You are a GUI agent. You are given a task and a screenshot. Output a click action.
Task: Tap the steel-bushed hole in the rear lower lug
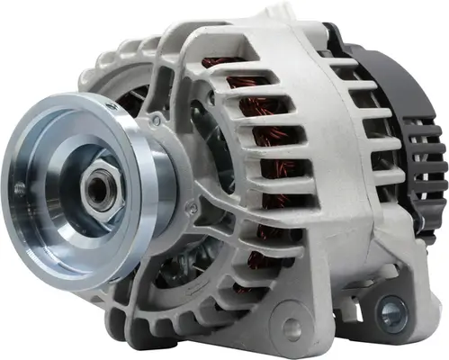391,312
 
